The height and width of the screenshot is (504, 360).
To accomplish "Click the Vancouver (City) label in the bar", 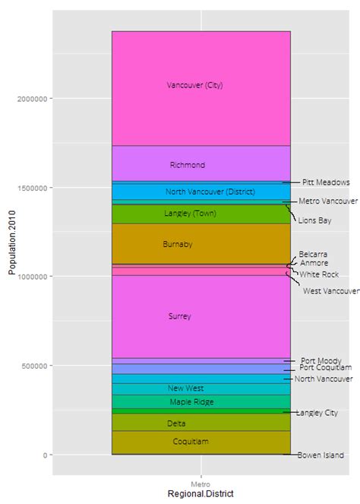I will click(x=194, y=85).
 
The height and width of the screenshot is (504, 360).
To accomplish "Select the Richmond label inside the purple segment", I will click(x=188, y=165).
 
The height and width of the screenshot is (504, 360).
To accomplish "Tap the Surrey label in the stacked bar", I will click(x=179, y=316).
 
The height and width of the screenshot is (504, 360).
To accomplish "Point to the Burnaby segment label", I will click(x=178, y=244).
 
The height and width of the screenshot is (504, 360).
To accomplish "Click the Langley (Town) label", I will click(x=190, y=214).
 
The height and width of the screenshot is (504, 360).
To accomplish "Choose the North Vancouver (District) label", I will click(x=199, y=192).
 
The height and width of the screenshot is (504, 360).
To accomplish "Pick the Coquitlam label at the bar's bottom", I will click(x=191, y=441).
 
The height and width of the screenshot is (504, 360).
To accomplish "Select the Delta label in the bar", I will click(x=176, y=423).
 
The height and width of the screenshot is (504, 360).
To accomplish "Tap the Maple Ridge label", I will click(x=191, y=402).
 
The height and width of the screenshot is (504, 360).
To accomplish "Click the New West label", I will click(x=185, y=388).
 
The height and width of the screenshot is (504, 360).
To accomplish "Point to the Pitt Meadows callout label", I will click(x=326, y=182).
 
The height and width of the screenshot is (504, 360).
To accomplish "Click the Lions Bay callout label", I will click(x=314, y=220).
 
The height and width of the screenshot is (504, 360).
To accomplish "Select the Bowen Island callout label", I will click(x=321, y=455).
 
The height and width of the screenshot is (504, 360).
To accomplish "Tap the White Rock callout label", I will click(x=319, y=274).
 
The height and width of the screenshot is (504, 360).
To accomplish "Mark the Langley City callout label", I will click(x=317, y=413).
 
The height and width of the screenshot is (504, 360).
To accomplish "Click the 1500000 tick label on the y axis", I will click(x=30, y=188).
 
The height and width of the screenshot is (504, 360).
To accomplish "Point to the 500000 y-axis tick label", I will click(x=32, y=366).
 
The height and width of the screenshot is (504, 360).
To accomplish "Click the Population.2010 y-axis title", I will click(x=11, y=255).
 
